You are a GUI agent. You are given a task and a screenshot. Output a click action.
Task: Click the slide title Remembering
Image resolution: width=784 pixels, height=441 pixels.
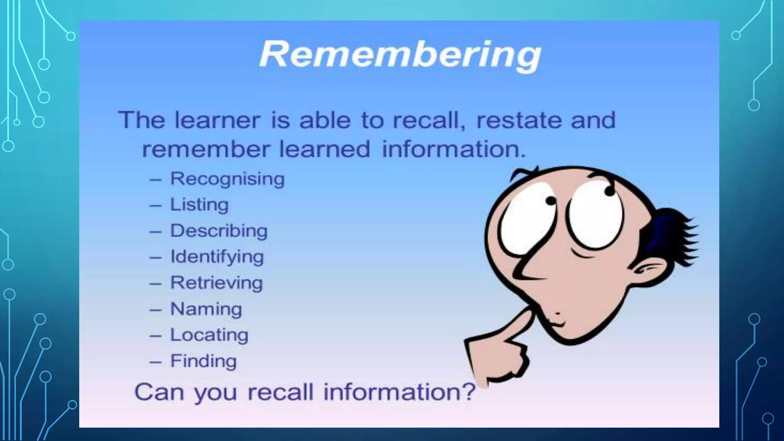(x=400, y=55)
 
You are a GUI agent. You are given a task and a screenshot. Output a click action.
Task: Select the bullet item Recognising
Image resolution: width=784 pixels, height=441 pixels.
(x=227, y=179)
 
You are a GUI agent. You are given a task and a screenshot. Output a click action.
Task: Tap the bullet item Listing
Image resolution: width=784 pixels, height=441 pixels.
(x=199, y=205)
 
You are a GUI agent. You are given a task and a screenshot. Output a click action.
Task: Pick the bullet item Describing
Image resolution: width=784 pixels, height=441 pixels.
(x=219, y=231)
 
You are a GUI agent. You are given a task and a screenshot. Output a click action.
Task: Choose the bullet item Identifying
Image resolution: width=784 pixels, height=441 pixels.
(x=217, y=257)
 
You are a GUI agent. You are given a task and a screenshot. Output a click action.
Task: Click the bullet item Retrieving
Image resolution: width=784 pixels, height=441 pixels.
(x=217, y=283)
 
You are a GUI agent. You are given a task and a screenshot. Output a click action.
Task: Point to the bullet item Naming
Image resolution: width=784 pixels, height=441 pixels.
(x=206, y=309)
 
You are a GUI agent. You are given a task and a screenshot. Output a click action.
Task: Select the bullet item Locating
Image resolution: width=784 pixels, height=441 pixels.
(x=209, y=335)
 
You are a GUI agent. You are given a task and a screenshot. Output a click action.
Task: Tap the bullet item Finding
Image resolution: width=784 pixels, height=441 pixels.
(x=204, y=361)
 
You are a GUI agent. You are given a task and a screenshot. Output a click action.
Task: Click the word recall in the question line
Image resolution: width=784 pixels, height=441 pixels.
(x=280, y=392)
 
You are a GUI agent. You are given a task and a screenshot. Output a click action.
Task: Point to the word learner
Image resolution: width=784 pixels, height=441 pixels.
(x=217, y=120)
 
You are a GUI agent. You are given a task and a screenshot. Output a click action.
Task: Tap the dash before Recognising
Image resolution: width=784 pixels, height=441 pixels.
(x=155, y=180)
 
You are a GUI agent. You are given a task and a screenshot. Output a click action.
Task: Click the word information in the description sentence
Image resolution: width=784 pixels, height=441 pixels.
(x=454, y=149)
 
